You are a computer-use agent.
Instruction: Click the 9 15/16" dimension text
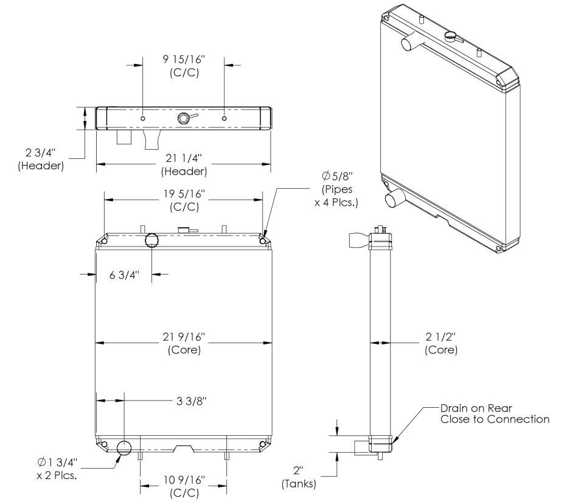184,58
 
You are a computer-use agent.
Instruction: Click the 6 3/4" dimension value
124,275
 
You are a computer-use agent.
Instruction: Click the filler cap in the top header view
184,118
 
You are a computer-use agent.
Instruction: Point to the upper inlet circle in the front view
151,240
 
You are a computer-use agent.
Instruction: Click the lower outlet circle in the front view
124,448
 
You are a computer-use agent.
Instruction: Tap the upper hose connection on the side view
356,240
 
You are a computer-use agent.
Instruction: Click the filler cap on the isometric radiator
451,36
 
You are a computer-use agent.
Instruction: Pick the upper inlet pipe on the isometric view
408,44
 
